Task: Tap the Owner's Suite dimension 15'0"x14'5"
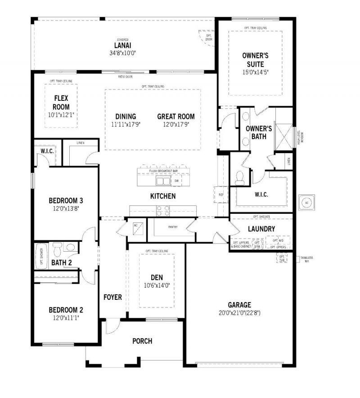pyautogui.click(x=255, y=72)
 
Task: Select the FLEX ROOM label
pyautogui.click(x=61, y=102)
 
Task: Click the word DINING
pyautogui.click(x=126, y=117)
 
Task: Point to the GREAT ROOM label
pyautogui.click(x=176, y=117)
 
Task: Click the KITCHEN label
pyautogui.click(x=163, y=196)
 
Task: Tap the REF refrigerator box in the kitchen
pyautogui.click(x=221, y=194)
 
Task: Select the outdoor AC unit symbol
pyautogui.click(x=307, y=202)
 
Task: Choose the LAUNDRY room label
pyautogui.click(x=261, y=229)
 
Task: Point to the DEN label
pyautogui.click(x=157, y=277)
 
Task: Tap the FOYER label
pyautogui.click(x=112, y=297)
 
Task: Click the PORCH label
pyautogui.click(x=142, y=341)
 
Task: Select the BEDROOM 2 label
pyautogui.click(x=66, y=310)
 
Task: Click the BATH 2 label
pyautogui.click(x=61, y=262)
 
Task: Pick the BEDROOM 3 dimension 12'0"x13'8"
pyautogui.click(x=66, y=208)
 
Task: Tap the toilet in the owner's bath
pyautogui.click(x=239, y=177)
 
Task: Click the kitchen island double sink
pyautogui.click(x=163, y=181)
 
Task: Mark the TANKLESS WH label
pyautogui.click(x=308, y=259)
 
